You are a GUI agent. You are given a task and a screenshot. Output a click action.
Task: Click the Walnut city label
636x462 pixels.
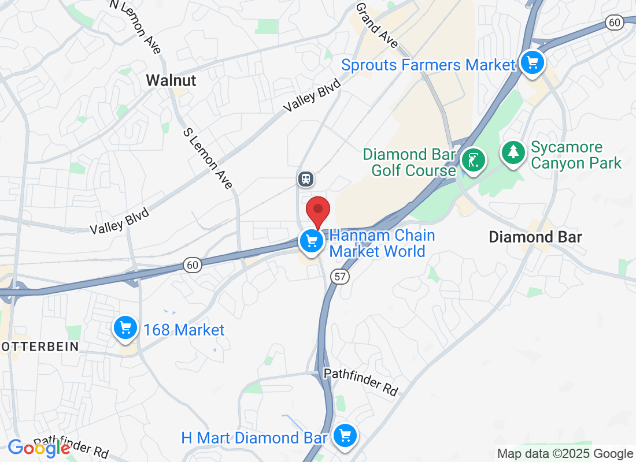coord(171,80)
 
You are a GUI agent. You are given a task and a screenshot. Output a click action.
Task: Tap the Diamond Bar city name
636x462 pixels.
coord(535,237)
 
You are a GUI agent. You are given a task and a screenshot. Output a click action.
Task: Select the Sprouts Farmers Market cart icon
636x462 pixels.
coord(531,62)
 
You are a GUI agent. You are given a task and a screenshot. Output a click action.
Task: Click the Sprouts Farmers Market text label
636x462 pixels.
coord(427,65)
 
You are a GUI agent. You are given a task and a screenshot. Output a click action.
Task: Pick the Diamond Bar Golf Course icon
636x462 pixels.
coord(474,159)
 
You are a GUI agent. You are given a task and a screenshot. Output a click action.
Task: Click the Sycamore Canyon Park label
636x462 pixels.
coord(575,155)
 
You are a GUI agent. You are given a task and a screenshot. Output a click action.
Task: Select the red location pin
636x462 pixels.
coord(317,211)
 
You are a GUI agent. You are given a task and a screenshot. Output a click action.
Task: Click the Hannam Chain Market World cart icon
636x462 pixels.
coord(312,240)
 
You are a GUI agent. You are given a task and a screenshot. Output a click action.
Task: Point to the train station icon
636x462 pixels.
coord(305,178)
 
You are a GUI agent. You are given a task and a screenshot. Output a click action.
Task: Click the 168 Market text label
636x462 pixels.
coord(183,330)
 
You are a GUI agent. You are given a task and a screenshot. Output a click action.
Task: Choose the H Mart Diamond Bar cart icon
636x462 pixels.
coord(345,435)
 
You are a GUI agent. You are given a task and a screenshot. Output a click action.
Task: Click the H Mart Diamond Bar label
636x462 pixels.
coord(255,438)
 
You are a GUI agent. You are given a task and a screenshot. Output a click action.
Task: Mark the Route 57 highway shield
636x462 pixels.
coord(340,277)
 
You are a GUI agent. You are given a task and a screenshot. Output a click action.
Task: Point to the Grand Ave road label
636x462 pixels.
coord(377,25)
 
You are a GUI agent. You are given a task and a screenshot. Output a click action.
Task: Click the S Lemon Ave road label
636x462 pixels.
coord(208,158)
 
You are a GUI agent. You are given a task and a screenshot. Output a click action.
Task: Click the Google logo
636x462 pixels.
coord(39,448)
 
